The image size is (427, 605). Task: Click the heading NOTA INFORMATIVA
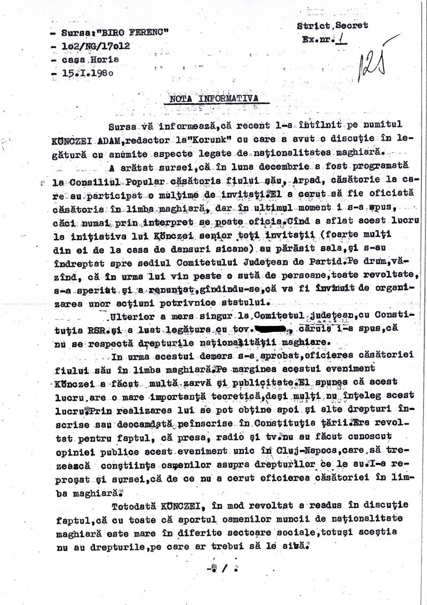[209, 98]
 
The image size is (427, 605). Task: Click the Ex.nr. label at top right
[316, 39]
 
